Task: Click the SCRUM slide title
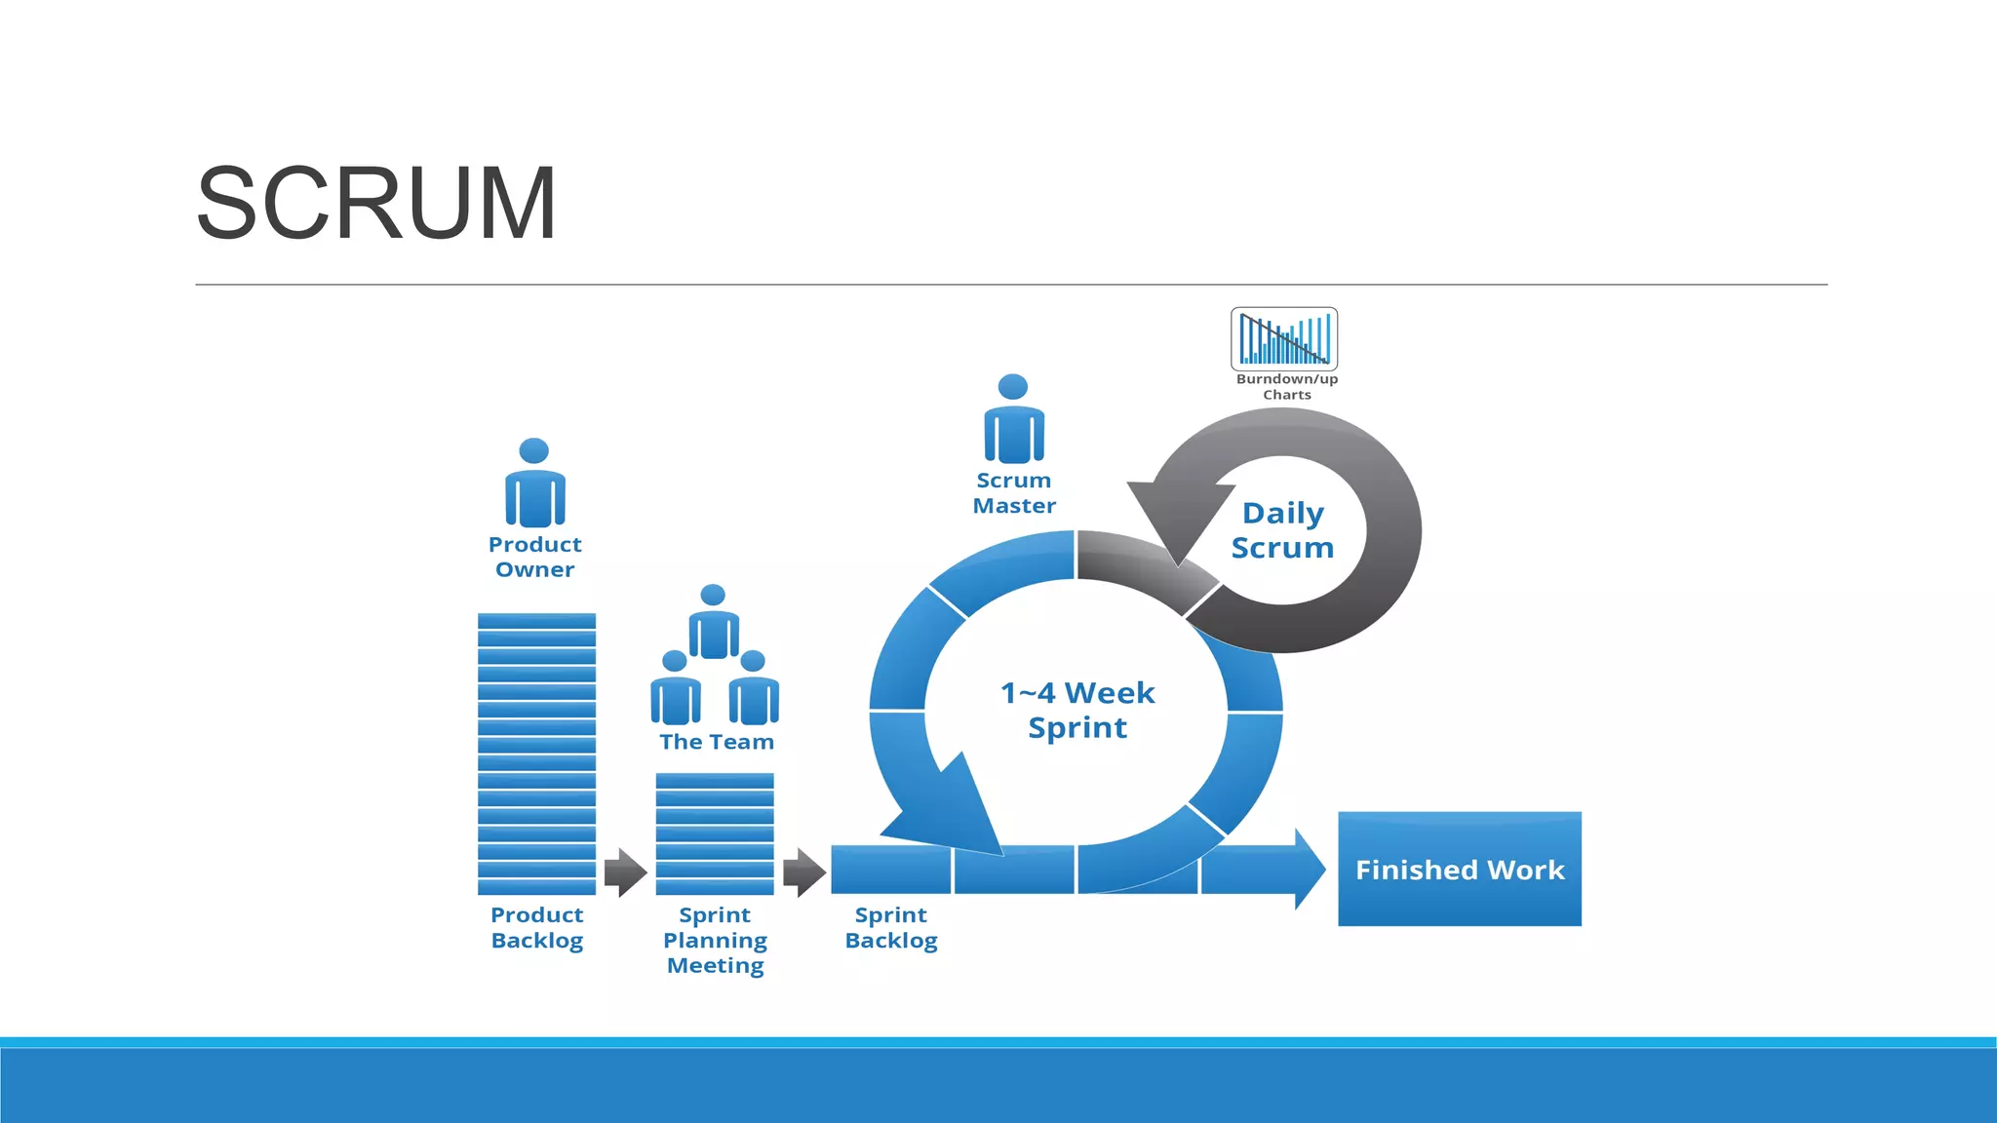click(x=376, y=203)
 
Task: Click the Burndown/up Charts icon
click(x=1284, y=338)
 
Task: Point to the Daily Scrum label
click(x=1282, y=530)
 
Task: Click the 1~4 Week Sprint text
click(x=1077, y=710)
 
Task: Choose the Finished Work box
click(x=1459, y=869)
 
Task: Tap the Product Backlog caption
click(x=537, y=927)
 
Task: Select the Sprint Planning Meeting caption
click(x=715, y=940)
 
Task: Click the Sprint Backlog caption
click(x=891, y=927)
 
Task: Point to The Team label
click(x=717, y=742)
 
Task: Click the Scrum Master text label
click(x=1014, y=493)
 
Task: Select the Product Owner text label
click(x=534, y=557)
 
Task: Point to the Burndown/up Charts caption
click(x=1287, y=387)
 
